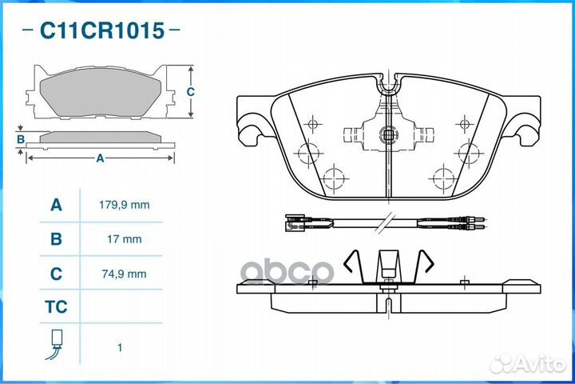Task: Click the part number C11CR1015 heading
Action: (x=102, y=30)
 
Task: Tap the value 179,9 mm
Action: (x=125, y=205)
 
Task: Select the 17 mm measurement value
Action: (x=125, y=239)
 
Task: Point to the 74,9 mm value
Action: (x=125, y=274)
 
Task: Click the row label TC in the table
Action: (x=56, y=307)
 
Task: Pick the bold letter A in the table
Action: (x=56, y=205)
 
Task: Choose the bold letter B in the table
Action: (x=56, y=239)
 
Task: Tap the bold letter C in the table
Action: (x=56, y=274)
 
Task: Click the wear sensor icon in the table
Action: (x=54, y=344)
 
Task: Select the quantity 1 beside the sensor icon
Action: (x=120, y=347)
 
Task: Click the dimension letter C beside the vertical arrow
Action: (x=190, y=91)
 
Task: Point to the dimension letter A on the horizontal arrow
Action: (x=100, y=158)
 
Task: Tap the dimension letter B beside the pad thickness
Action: (x=21, y=139)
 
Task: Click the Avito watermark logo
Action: (x=528, y=364)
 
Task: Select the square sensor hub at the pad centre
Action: (x=388, y=135)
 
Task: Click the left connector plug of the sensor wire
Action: (x=295, y=222)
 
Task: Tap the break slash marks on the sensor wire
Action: (x=384, y=222)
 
